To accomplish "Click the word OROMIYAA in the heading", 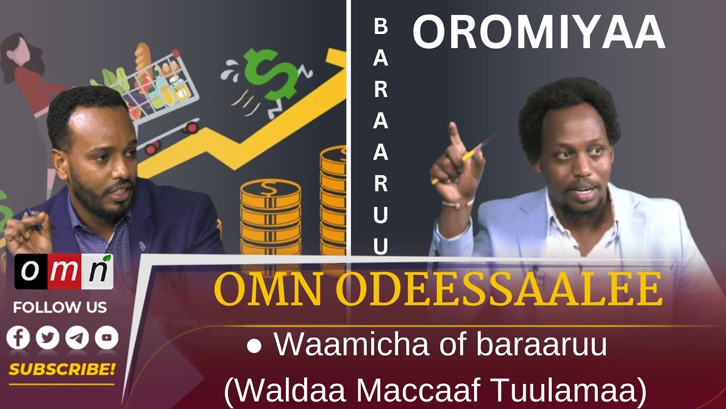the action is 539,32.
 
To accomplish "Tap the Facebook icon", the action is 18,337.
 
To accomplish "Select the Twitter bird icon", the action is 48,337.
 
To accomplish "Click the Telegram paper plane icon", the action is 77,337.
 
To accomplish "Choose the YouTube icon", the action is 107,337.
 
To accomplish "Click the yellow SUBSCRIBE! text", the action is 62,369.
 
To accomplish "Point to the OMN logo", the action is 64,272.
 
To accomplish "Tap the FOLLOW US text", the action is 60,307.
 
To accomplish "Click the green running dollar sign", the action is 271,81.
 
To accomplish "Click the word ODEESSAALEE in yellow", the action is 500,290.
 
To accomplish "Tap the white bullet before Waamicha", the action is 254,346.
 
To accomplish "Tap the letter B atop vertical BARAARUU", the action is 381,27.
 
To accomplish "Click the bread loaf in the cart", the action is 143,59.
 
